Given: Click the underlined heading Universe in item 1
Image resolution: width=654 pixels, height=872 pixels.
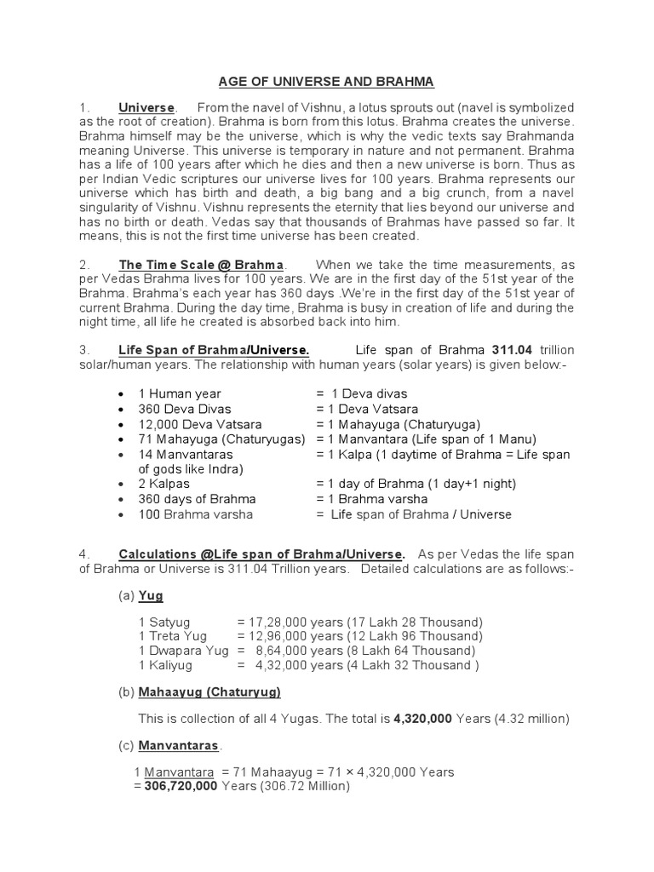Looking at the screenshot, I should pos(146,107).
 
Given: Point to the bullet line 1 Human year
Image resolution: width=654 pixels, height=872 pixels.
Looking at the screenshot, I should pos(180,393).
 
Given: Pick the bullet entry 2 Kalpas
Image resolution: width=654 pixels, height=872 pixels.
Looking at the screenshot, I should pos(166,484).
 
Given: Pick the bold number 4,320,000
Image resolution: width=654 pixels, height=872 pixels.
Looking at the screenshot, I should pos(423,719).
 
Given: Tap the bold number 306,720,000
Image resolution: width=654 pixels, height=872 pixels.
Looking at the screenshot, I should pos(175,787).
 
